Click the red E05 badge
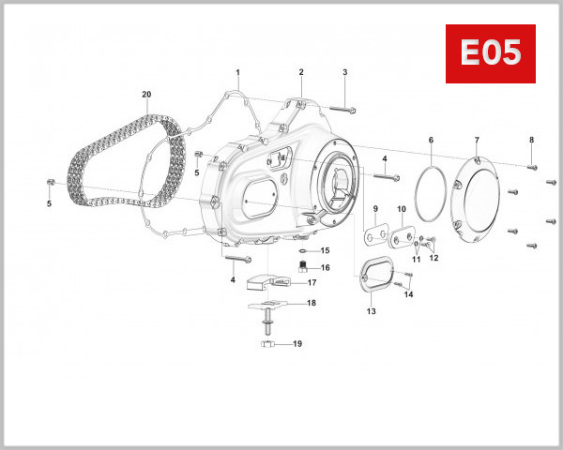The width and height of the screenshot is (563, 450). click(489, 54)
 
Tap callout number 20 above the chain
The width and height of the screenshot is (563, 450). click(146, 95)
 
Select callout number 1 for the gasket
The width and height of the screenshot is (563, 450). click(238, 72)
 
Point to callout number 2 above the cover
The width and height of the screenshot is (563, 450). click(301, 72)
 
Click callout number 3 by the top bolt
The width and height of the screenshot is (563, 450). click(344, 72)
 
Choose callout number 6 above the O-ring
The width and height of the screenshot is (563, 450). click(431, 140)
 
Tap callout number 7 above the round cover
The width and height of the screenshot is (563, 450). click(476, 140)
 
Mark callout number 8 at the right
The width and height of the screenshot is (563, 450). click(531, 140)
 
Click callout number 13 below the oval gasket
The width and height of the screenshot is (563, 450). click(370, 310)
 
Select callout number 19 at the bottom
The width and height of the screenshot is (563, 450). click(297, 344)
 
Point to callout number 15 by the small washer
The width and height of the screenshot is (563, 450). click(325, 250)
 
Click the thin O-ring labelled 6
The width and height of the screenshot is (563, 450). click(431, 188)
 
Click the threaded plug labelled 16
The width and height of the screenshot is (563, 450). click(303, 267)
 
